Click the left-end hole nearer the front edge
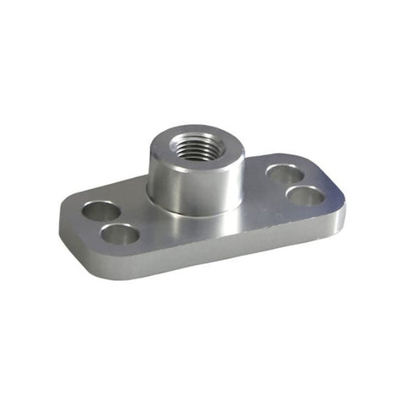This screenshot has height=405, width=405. point(122,234)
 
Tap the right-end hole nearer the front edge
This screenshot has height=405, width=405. point(305,196)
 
